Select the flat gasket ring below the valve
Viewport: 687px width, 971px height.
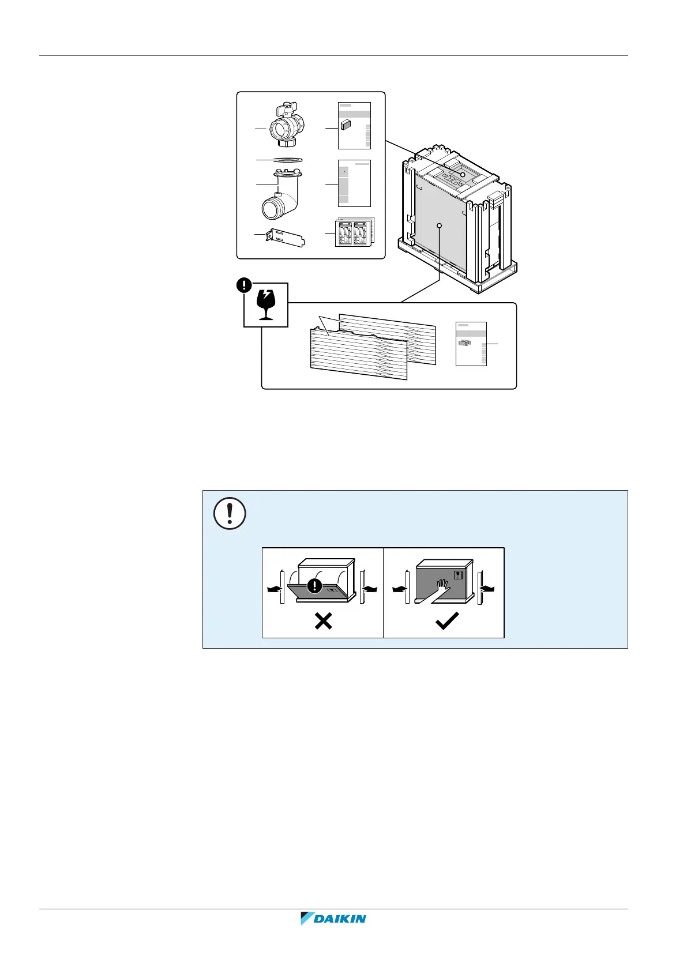[x=287, y=159]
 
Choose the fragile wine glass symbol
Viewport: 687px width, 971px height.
[x=265, y=305]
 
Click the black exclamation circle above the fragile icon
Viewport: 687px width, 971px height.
[x=245, y=285]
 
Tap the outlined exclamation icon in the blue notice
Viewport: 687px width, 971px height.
[x=230, y=513]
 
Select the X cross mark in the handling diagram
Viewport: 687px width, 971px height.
[x=323, y=620]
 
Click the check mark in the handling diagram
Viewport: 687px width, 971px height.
[x=446, y=620]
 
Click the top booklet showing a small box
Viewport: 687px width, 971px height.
[x=354, y=126]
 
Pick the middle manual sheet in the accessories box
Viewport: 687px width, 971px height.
[x=354, y=183]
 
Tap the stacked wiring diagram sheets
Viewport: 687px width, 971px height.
[x=354, y=232]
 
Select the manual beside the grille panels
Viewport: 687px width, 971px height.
[x=471, y=343]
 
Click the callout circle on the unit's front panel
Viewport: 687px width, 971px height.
[x=440, y=225]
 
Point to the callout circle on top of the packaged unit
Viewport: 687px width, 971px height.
[x=462, y=174]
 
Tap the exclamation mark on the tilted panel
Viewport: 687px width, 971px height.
[x=314, y=586]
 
